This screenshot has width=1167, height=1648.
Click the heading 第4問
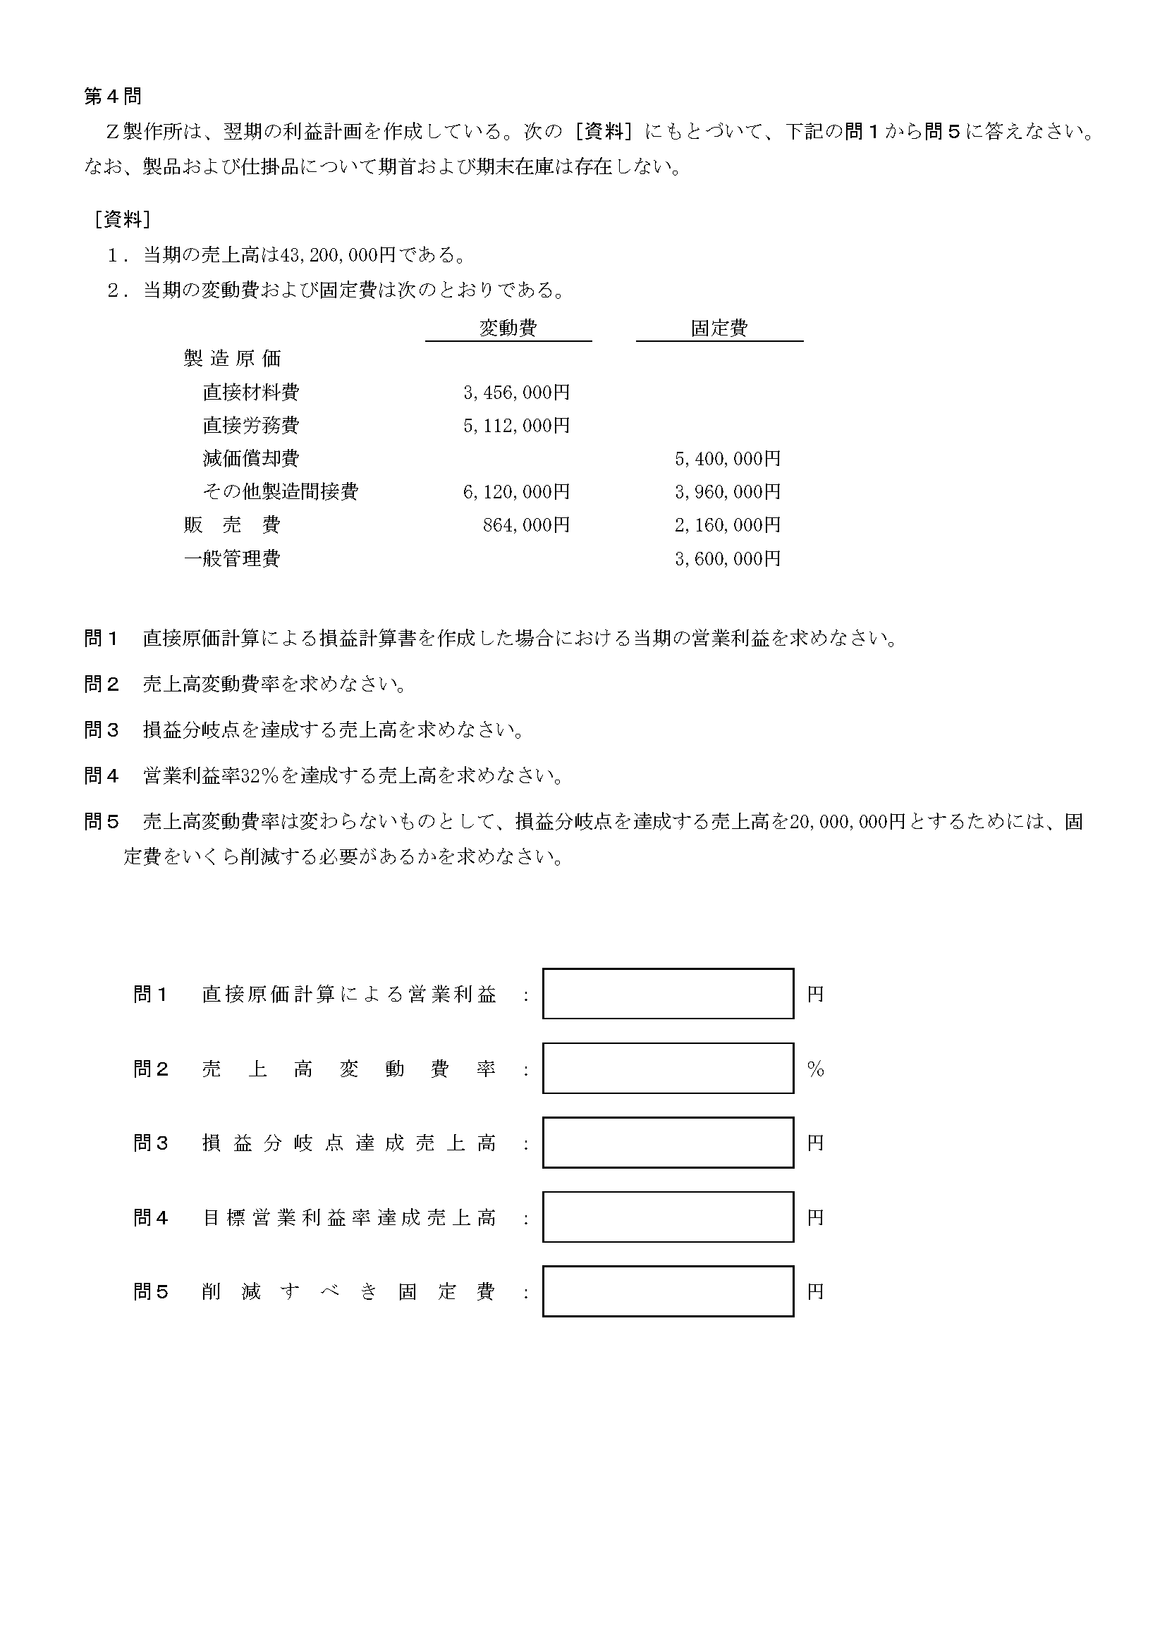(x=113, y=97)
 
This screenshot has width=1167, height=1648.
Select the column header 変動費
(x=508, y=328)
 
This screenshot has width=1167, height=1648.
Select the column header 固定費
(x=719, y=328)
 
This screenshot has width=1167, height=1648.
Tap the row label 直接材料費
(x=251, y=392)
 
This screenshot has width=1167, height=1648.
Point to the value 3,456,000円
(x=517, y=392)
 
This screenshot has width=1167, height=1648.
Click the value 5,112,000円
(x=517, y=425)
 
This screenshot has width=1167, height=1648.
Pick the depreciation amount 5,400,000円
(x=727, y=458)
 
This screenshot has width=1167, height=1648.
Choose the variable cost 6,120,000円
(x=517, y=491)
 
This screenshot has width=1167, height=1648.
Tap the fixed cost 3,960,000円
(x=727, y=491)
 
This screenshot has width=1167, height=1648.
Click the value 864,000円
(x=526, y=525)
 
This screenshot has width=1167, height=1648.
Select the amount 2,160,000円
(x=727, y=525)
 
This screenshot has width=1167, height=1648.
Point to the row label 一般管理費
(x=232, y=558)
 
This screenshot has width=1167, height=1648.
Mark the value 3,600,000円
(x=727, y=558)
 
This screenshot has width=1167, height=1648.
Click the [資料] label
(x=122, y=219)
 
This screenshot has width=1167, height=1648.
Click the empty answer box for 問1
(x=668, y=994)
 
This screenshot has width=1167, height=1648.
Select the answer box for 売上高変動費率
(x=668, y=1069)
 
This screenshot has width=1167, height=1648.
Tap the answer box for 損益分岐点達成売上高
(x=668, y=1142)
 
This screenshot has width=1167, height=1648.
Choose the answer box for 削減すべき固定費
(x=668, y=1291)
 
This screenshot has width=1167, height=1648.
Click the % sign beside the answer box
(x=816, y=1069)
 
